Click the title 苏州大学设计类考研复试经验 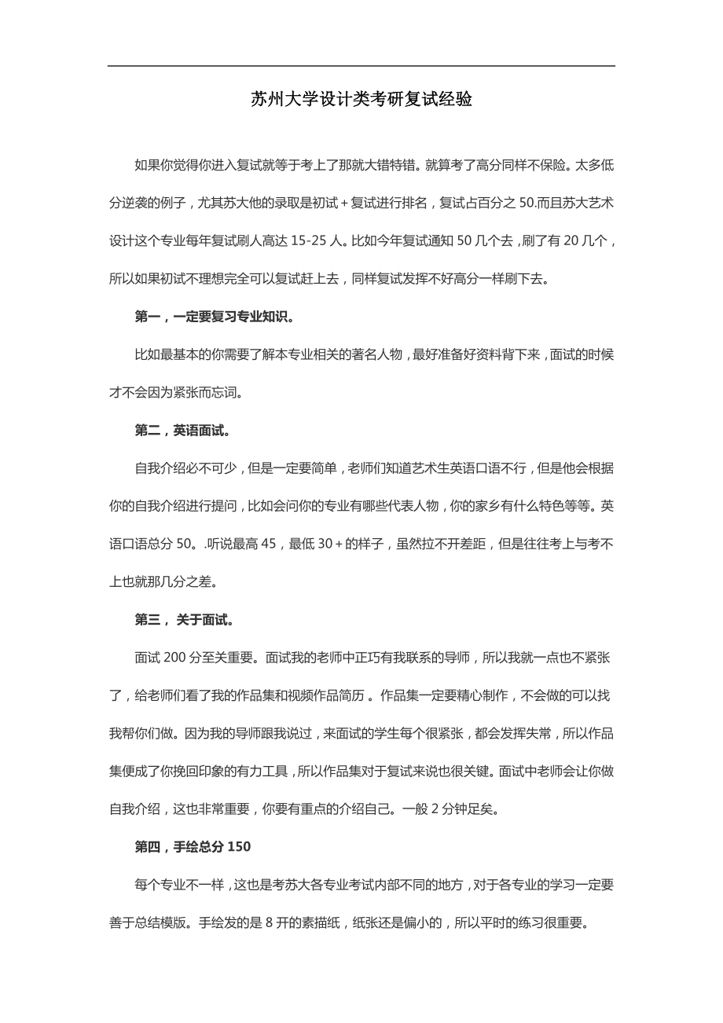click(361, 100)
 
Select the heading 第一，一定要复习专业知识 click(215, 317)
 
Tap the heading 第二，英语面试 click(182, 431)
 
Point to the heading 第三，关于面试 click(185, 620)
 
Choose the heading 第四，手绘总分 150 click(193, 847)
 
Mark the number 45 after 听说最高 click(269, 544)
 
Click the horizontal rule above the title click(361, 66)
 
